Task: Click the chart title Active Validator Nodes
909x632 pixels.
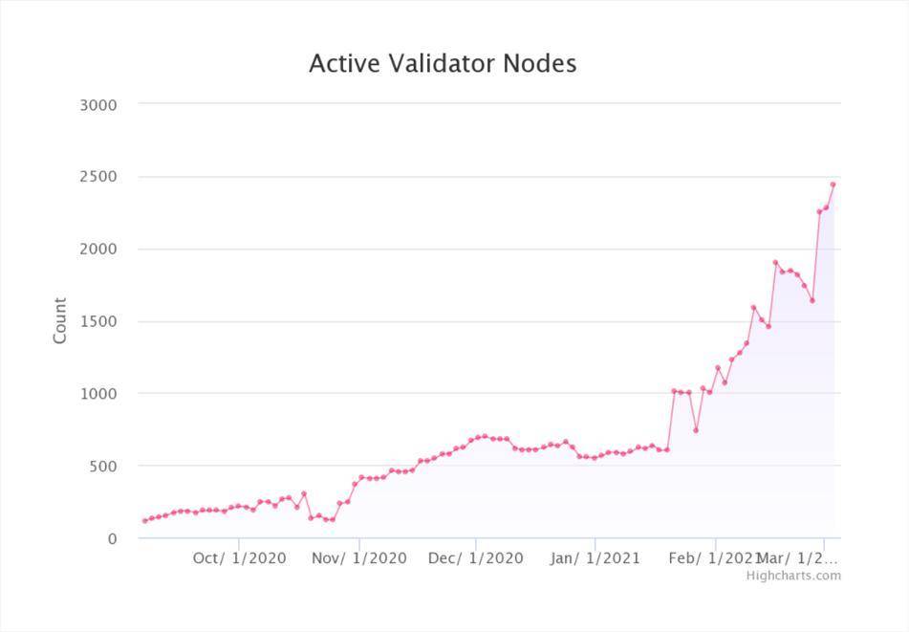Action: coord(443,64)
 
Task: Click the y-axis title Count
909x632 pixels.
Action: coord(60,320)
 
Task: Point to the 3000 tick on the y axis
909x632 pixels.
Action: coord(98,104)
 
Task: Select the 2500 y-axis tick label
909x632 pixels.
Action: coord(98,177)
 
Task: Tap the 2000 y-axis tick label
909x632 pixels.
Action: coord(98,250)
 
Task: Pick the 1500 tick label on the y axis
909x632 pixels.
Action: coord(98,321)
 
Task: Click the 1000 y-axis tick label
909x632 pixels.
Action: coord(98,394)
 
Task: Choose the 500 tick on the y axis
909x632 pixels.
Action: coord(103,467)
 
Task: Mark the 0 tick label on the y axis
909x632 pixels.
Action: coord(112,539)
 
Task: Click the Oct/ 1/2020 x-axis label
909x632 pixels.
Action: coord(239,558)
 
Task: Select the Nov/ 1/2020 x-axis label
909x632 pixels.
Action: coord(359,558)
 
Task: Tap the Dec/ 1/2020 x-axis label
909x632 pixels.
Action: coord(476,558)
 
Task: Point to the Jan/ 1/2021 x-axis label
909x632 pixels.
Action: coord(595,558)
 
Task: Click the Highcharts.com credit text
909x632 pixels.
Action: coord(793,576)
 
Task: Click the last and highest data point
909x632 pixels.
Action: coord(833,184)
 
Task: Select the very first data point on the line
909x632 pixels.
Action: coord(144,521)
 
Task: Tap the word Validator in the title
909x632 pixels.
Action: coord(442,64)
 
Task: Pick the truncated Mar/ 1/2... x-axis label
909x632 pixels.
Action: coord(797,558)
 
